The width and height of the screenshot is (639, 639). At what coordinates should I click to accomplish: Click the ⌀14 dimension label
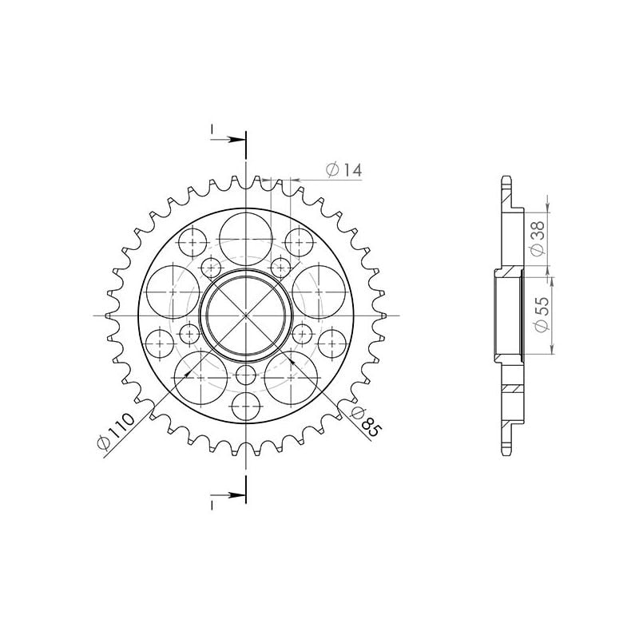click(344, 169)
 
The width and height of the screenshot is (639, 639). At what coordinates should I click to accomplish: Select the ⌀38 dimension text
click(538, 237)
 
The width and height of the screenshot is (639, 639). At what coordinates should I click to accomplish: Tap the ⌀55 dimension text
click(539, 314)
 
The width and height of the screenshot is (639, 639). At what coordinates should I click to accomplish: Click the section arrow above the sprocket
click(231, 140)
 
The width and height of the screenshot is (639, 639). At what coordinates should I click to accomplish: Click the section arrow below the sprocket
click(231, 496)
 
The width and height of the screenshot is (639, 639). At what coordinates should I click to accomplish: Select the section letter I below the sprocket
click(212, 506)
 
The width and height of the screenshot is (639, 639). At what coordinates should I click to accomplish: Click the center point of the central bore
click(246, 315)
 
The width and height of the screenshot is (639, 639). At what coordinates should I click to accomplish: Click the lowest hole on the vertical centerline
click(246, 407)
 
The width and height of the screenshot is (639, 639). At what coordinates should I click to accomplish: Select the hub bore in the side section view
click(509, 314)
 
